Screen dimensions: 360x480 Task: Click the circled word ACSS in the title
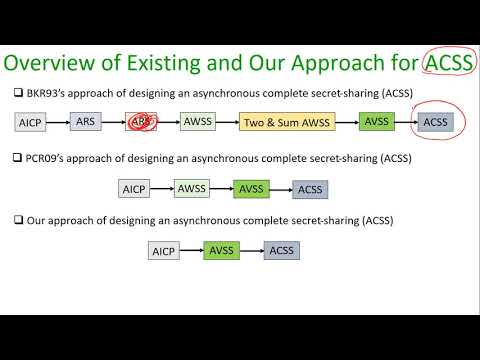pos(449,64)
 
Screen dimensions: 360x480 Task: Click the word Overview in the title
pos(59,64)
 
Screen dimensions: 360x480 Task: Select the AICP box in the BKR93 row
pos(31,123)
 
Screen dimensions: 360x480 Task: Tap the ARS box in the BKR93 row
pos(85,122)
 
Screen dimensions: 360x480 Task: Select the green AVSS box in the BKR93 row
pos(377,122)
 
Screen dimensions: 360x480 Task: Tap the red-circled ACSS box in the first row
pos(436,122)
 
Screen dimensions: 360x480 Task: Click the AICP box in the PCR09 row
pos(134,188)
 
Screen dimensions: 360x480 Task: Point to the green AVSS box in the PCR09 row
pos(251,187)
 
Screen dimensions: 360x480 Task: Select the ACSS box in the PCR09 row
pos(310,188)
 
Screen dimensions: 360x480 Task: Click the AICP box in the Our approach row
pos(164,251)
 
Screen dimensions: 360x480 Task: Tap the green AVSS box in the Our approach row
pos(222,250)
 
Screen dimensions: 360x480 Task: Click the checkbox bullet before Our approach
pos(19,220)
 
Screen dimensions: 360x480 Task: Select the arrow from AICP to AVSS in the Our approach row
pos(192,250)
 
